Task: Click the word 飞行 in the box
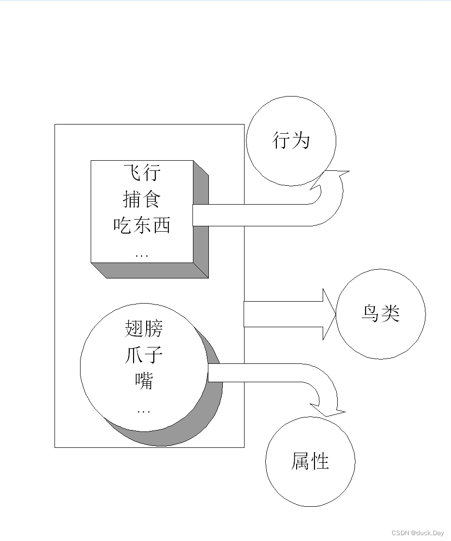point(142,173)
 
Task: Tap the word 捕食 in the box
point(142,199)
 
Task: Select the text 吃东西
point(142,225)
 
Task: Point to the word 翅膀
point(144,329)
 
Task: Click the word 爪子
point(144,356)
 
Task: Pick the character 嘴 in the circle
point(144,381)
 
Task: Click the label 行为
point(290,141)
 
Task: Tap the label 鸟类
point(380,314)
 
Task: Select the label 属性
point(310,461)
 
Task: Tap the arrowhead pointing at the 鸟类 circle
point(328,314)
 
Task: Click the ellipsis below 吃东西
point(142,255)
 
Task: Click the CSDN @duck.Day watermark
point(417,533)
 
